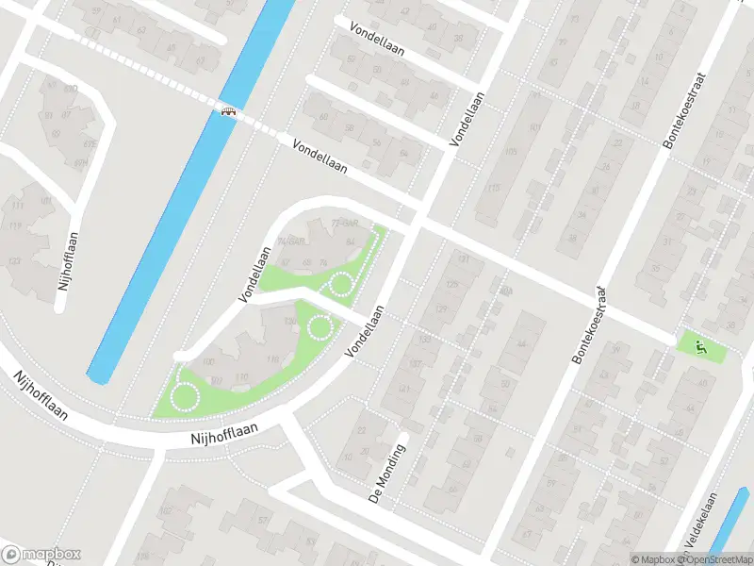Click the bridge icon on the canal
(x=227, y=112)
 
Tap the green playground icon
(x=700, y=347)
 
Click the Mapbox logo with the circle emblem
(x=41, y=555)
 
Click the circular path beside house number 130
(x=320, y=327)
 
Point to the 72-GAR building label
(x=345, y=224)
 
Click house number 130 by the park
(x=290, y=322)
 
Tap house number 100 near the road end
(x=208, y=361)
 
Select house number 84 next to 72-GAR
(x=352, y=242)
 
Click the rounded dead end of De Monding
(x=402, y=438)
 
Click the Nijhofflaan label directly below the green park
(x=222, y=436)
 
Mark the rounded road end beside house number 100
(x=181, y=356)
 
